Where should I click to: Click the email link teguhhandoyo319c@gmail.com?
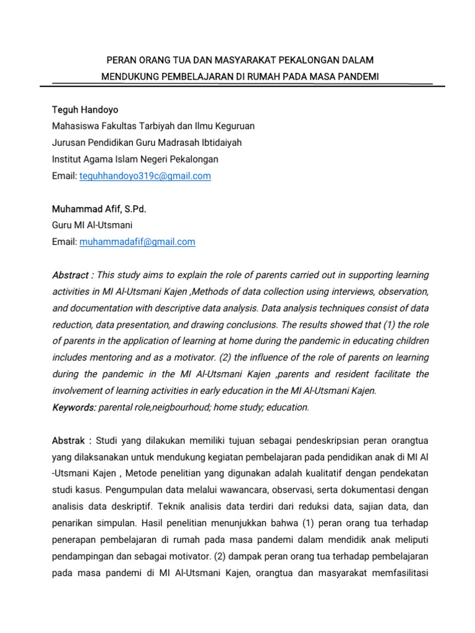(x=145, y=176)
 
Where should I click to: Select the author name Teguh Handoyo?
(x=85, y=109)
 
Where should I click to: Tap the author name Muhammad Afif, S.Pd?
(x=99, y=209)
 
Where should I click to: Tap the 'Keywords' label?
(x=74, y=407)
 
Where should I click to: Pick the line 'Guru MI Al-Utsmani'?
(x=92, y=225)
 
